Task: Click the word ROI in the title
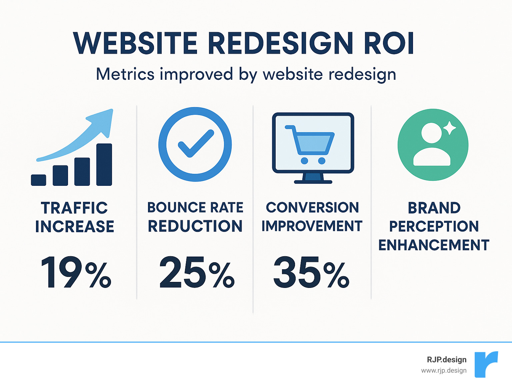click(389, 43)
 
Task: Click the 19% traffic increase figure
click(76, 272)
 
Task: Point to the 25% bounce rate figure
click(197, 272)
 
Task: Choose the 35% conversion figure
click(311, 272)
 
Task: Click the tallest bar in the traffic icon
click(104, 164)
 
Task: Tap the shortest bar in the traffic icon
click(38, 180)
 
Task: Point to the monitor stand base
click(313, 182)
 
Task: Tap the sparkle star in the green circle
click(449, 128)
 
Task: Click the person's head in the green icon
click(431, 133)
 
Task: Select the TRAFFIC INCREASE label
click(75, 217)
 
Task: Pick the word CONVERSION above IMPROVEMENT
click(312, 208)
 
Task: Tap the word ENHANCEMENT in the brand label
click(434, 245)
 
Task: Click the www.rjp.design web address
click(444, 371)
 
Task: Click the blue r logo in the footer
click(486, 364)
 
